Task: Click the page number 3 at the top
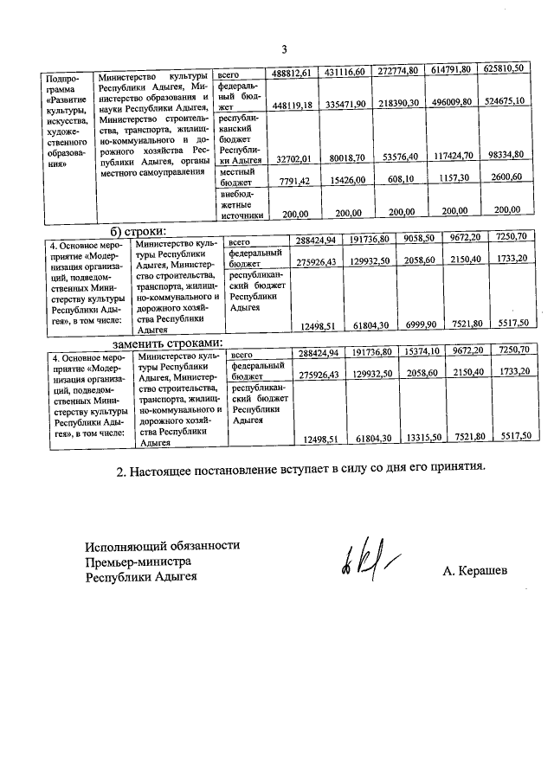tap(283, 48)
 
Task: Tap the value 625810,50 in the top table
tap(504, 69)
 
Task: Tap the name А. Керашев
tap(474, 571)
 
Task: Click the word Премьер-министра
tap(137, 562)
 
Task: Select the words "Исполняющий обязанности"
tap(162, 545)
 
